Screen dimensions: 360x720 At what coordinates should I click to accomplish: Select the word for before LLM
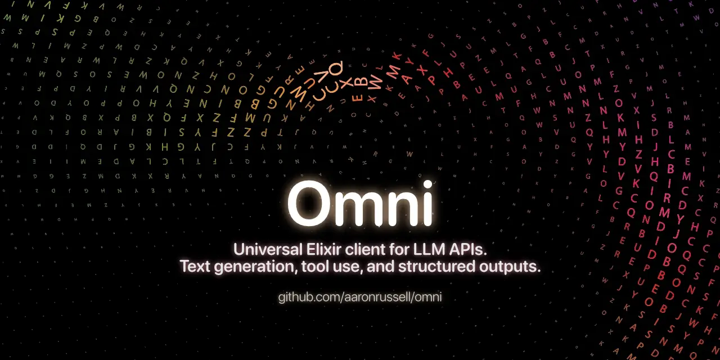(407, 249)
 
